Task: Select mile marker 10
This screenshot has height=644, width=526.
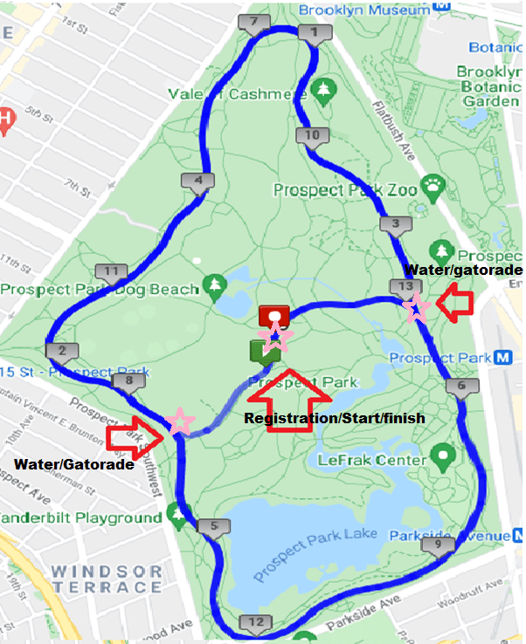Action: (312, 135)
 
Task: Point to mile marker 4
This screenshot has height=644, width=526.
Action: (197, 182)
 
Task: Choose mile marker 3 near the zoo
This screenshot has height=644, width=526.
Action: (396, 225)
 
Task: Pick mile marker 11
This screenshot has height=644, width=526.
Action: (110, 271)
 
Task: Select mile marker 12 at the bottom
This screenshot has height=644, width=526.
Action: (255, 622)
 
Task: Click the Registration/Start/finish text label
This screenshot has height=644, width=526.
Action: (335, 419)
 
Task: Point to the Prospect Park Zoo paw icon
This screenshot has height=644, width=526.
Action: (432, 184)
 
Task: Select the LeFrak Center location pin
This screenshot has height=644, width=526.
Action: (444, 455)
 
